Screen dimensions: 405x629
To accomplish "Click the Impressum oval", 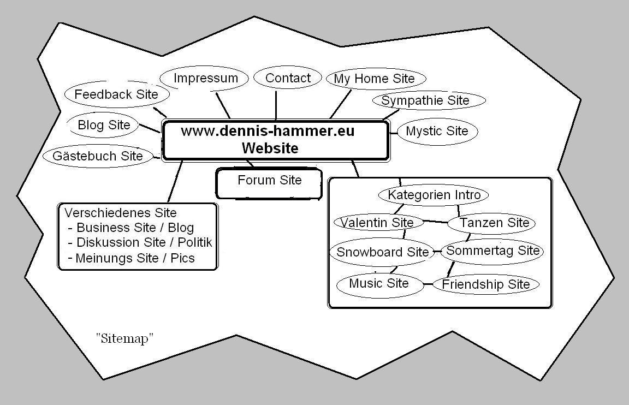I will coord(205,79).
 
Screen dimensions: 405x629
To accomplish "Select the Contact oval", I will coord(288,79).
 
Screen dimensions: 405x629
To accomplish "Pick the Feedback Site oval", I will coord(116,94).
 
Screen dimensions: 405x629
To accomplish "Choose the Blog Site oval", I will coord(104,125).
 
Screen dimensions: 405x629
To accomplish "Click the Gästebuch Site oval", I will coord(98,156).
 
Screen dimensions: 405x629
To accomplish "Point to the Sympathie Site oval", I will coord(425,101).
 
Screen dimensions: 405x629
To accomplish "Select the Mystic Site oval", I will coord(437,132).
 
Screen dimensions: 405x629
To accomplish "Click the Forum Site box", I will coord(269,181).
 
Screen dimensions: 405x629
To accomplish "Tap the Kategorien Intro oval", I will coord(434,195).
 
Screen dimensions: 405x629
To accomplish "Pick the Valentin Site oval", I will coord(377,223).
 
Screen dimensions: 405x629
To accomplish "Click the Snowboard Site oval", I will coord(382,252).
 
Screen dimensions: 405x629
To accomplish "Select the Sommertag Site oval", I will coord(492,251).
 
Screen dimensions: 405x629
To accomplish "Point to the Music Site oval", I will coord(379,284).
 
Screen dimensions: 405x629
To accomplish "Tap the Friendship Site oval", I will coord(485,284).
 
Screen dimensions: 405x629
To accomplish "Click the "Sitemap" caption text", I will coord(125,338).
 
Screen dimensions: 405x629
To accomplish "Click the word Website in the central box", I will coord(270,148).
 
